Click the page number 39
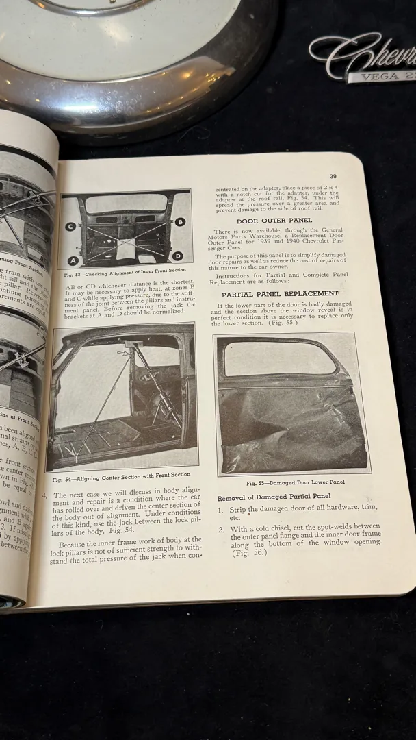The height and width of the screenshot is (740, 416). tap(333, 176)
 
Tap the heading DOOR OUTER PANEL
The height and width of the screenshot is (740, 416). tap(274, 220)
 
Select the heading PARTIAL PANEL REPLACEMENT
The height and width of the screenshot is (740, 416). tap(281, 294)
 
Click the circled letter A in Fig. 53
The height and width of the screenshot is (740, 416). tap(72, 260)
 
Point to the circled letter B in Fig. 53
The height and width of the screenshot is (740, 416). tap(180, 222)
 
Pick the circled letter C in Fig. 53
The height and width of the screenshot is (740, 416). tap(70, 226)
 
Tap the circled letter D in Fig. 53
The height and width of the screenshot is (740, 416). tap(178, 256)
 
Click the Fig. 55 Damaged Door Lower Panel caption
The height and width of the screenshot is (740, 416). tap(296, 482)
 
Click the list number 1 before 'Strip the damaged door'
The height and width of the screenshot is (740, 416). tap(220, 510)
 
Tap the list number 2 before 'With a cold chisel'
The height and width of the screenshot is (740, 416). tap(221, 529)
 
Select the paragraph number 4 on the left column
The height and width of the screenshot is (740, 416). tap(44, 495)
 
